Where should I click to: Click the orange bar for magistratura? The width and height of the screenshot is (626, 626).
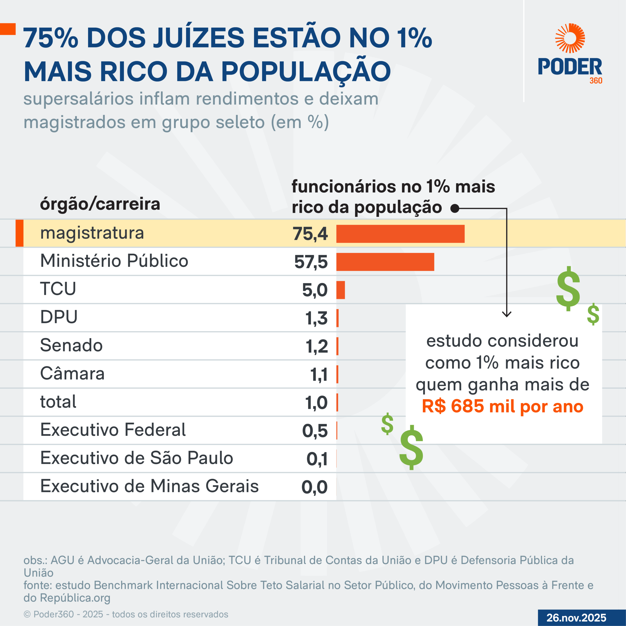pyautogui.click(x=400, y=234)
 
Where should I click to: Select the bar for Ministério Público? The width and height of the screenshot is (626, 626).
pyautogui.click(x=385, y=262)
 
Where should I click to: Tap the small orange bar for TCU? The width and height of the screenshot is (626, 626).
pyautogui.click(x=341, y=290)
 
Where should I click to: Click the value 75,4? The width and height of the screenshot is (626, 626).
pyautogui.click(x=310, y=234)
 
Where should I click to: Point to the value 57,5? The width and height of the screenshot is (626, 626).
pyautogui.click(x=311, y=262)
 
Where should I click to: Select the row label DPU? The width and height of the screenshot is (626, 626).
pyautogui.click(x=59, y=317)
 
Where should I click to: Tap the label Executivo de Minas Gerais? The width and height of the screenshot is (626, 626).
pyautogui.click(x=149, y=486)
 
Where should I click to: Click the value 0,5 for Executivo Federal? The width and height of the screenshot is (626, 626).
pyautogui.click(x=315, y=431)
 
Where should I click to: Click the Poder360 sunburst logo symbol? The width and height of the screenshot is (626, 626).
pyautogui.click(x=570, y=38)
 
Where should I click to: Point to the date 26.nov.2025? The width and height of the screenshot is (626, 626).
pyautogui.click(x=576, y=618)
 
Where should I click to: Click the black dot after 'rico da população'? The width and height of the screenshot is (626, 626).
pyautogui.click(x=455, y=208)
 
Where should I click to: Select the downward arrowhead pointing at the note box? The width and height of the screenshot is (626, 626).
pyautogui.click(x=506, y=314)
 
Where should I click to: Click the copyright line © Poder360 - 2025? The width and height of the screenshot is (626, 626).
pyautogui.click(x=126, y=614)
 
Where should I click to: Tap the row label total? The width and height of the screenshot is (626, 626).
pyautogui.click(x=58, y=402)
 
